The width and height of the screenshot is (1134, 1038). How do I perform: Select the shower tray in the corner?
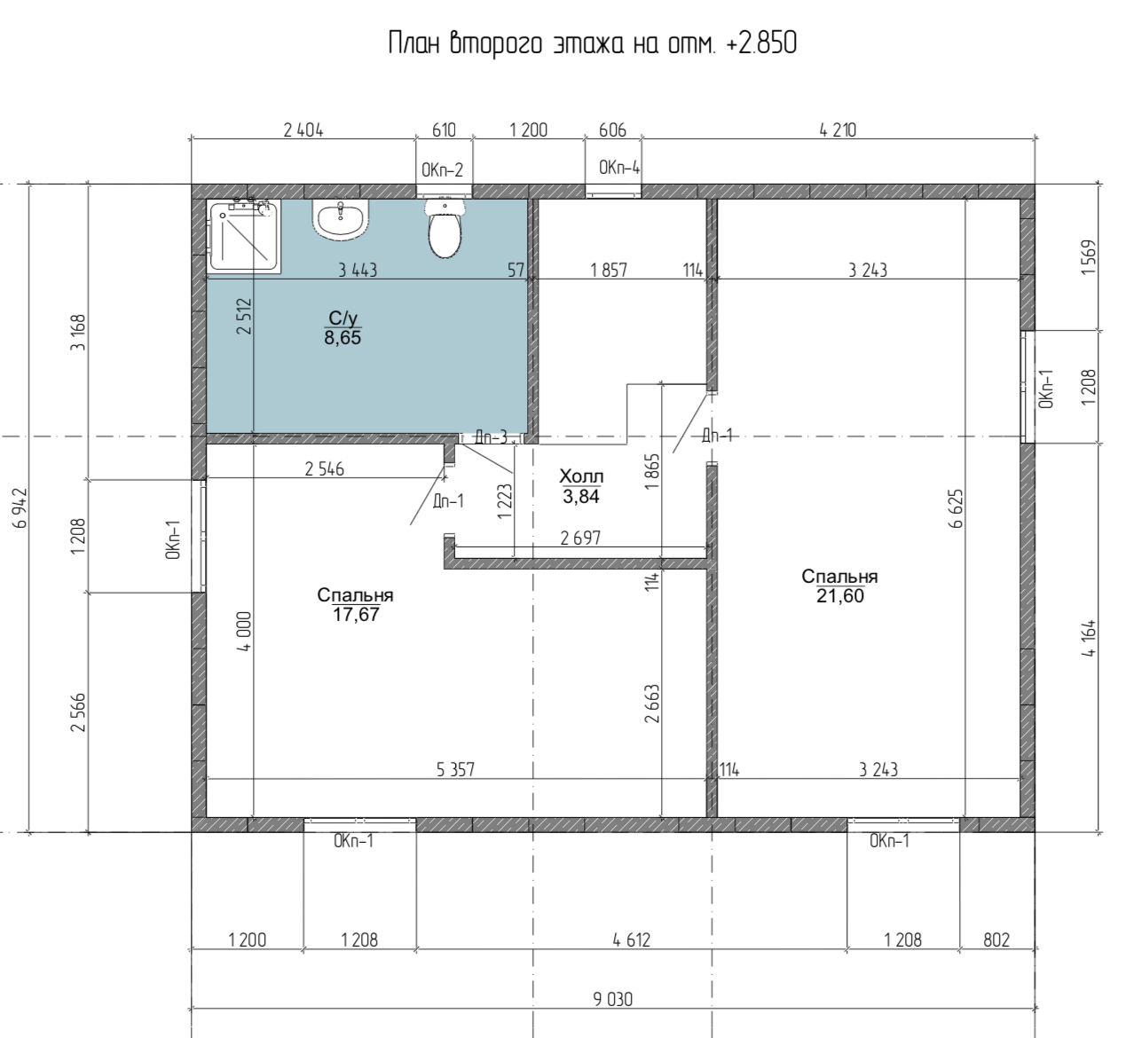[x=244, y=236]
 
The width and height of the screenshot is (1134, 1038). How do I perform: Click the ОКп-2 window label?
[x=442, y=169]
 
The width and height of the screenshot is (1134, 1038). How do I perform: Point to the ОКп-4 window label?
[x=619, y=168]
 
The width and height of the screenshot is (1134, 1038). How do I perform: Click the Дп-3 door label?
[x=491, y=437]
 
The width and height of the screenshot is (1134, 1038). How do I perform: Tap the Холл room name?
[x=581, y=476]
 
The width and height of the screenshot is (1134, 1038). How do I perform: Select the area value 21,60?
[x=840, y=596]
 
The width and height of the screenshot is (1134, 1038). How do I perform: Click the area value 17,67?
[x=356, y=615]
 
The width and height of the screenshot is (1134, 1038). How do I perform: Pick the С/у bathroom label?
[x=343, y=318]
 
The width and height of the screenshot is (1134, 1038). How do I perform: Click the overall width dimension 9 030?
[x=613, y=1000]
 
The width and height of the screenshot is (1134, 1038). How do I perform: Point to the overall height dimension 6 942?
[x=21, y=507]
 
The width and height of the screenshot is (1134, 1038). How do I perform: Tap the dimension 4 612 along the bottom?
[x=632, y=940]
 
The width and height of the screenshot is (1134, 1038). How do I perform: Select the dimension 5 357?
[x=455, y=769]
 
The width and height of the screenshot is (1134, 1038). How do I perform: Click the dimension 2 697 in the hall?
[x=580, y=538]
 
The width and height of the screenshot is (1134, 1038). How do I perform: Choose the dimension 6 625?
[x=956, y=508]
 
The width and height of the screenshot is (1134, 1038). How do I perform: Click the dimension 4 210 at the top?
[x=838, y=130]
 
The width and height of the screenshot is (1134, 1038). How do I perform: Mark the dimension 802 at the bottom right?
[x=996, y=940]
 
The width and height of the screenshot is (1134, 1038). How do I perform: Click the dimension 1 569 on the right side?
[x=1088, y=257]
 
